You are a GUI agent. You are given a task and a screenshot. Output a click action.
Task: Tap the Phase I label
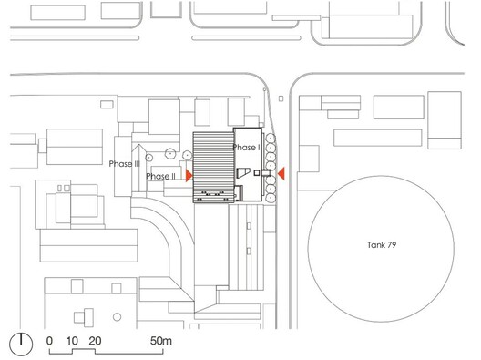coord(247,147)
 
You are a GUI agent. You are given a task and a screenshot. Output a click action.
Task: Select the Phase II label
coord(160,176)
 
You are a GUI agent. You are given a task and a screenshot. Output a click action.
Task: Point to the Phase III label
coord(124,164)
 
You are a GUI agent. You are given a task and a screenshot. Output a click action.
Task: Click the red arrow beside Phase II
coord(189,174)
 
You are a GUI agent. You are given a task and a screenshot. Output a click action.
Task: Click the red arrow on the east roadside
coord(282,173)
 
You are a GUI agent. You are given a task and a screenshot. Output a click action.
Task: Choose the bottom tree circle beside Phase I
coord(271,198)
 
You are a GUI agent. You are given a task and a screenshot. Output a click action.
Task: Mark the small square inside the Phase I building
coord(258,172)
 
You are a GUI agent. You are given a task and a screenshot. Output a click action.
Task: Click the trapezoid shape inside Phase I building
coord(241,172)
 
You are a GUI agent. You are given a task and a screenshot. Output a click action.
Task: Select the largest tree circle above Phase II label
coord(169,155)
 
